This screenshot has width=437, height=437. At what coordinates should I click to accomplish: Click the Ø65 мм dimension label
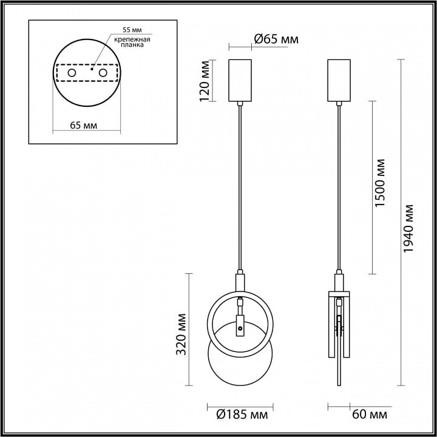[276, 39]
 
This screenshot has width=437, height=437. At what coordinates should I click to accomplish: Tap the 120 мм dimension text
[205, 81]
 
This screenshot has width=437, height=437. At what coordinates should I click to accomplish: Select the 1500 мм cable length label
[379, 183]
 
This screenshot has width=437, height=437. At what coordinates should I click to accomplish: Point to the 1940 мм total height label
[408, 228]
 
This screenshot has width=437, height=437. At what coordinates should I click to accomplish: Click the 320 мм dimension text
[181, 334]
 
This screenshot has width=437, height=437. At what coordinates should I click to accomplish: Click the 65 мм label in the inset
[84, 126]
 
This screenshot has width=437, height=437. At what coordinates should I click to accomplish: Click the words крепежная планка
[132, 42]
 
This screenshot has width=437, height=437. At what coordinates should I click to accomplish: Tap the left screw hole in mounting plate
[72, 73]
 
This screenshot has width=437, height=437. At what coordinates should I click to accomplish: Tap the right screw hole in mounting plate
[103, 73]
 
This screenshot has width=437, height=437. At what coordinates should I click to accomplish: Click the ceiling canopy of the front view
[240, 80]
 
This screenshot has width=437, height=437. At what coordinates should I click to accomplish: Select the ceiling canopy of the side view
[339, 80]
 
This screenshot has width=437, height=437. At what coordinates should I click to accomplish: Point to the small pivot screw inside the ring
[240, 328]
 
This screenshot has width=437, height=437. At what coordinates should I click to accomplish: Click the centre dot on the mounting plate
[92, 69]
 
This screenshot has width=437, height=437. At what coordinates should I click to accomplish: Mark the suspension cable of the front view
[240, 188]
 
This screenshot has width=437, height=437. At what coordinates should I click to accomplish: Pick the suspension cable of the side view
[339, 188]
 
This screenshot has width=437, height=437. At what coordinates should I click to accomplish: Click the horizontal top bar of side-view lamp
[339, 294]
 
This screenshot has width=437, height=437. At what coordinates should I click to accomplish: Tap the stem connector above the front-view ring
[240, 283]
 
